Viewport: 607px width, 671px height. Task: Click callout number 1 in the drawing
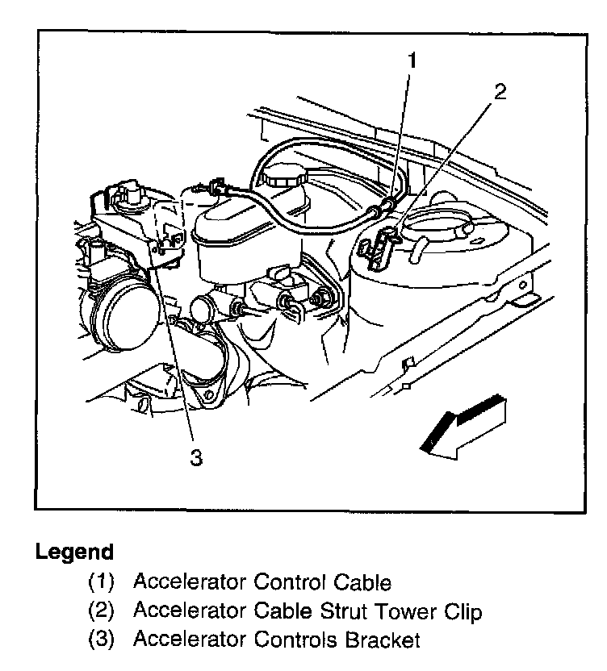click(x=413, y=60)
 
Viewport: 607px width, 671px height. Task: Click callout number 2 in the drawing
click(x=500, y=92)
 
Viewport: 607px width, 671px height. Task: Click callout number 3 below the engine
click(x=195, y=456)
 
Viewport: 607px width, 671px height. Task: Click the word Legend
click(x=73, y=553)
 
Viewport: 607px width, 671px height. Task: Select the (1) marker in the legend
click(x=103, y=582)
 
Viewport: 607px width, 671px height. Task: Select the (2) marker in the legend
click(x=103, y=612)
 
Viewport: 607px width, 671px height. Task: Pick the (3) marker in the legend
click(x=103, y=641)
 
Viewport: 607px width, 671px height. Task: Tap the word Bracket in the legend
click(x=383, y=641)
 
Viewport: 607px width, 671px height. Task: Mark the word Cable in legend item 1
click(x=363, y=582)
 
